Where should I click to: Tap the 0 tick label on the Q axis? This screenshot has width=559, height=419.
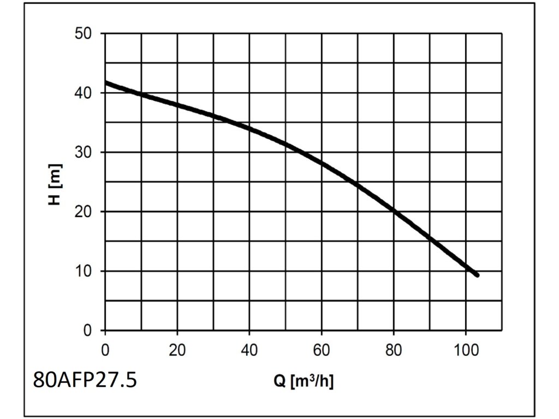click(105, 349)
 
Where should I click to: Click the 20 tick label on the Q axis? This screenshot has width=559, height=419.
click(177, 349)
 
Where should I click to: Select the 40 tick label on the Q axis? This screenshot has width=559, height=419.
click(249, 349)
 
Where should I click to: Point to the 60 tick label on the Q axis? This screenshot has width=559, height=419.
click(322, 349)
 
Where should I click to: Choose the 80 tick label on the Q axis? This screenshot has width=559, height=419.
click(394, 349)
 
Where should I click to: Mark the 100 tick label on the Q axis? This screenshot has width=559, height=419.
click(466, 349)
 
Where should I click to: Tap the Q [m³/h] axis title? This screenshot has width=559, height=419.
click(303, 381)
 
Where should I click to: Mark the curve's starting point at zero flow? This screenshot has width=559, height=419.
click(106, 83)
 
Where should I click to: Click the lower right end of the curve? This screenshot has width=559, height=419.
click(477, 275)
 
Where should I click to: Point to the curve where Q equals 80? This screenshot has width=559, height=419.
click(394, 210)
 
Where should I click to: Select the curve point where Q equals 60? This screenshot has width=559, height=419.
click(322, 163)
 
